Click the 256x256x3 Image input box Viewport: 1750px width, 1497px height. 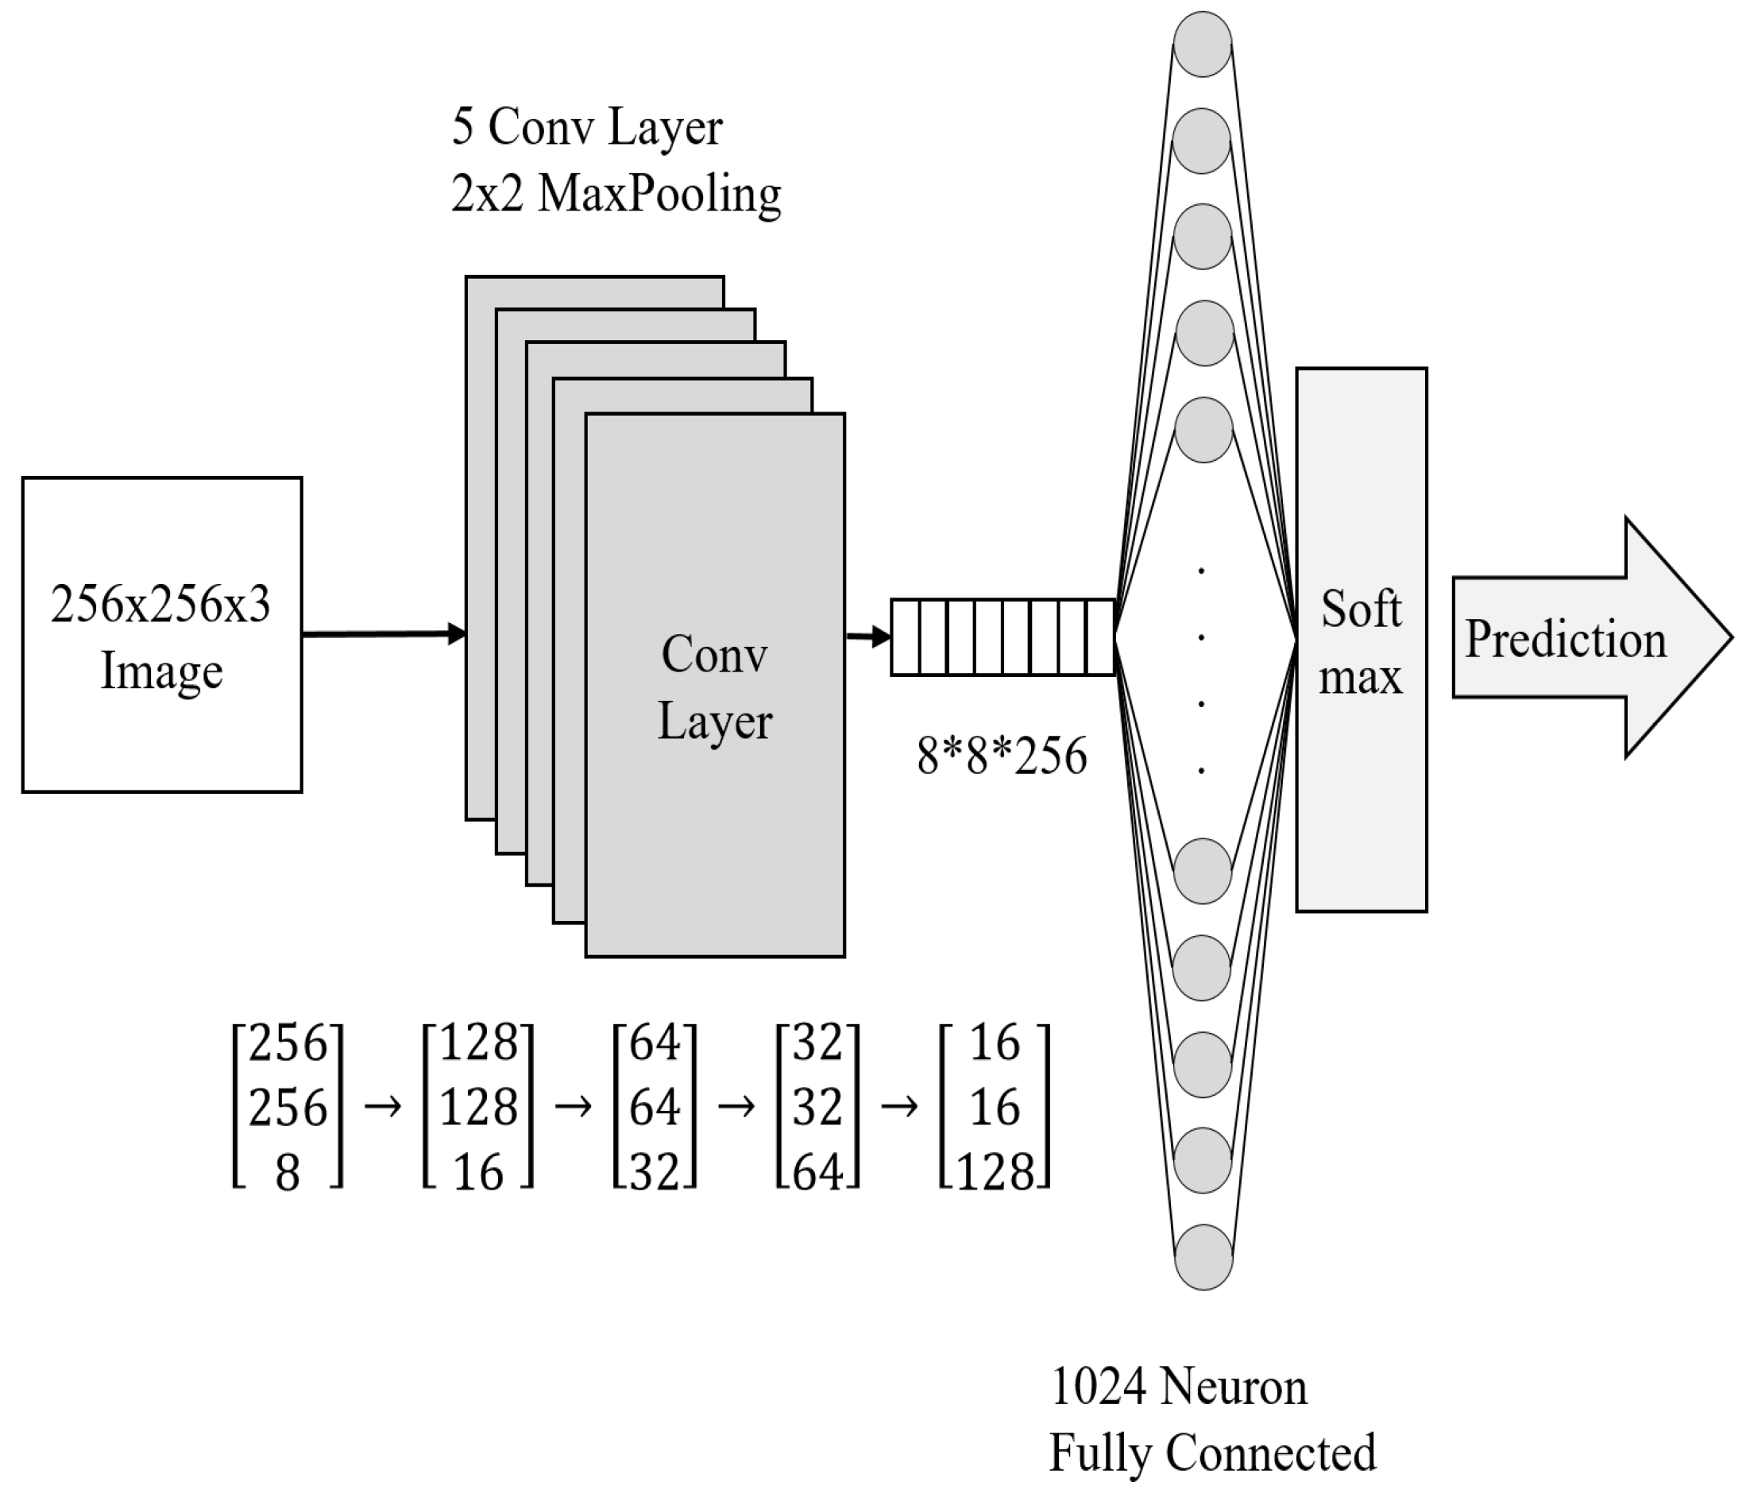pos(161,634)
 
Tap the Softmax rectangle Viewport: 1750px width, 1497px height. pos(1361,640)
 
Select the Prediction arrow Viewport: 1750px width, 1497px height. pos(1588,638)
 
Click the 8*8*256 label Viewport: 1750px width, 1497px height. pos(1002,756)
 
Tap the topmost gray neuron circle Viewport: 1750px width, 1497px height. pos(1202,44)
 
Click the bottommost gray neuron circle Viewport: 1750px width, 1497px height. pos(1203,1257)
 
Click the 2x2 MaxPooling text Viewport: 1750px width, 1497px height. pos(616,195)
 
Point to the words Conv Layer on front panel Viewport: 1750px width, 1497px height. pos(714,687)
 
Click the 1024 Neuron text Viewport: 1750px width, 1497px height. pos(1178,1387)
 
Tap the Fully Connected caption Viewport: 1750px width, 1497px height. pos(1212,1453)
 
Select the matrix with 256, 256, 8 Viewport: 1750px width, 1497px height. pos(288,1108)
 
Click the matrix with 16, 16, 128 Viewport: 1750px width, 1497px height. pos(995,1108)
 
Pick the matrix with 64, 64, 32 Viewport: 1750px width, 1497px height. pos(655,1108)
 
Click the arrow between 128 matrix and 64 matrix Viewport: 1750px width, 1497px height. pos(574,1106)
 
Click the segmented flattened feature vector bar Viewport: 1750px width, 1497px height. pos(1002,638)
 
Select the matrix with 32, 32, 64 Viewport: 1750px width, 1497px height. pos(817,1108)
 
